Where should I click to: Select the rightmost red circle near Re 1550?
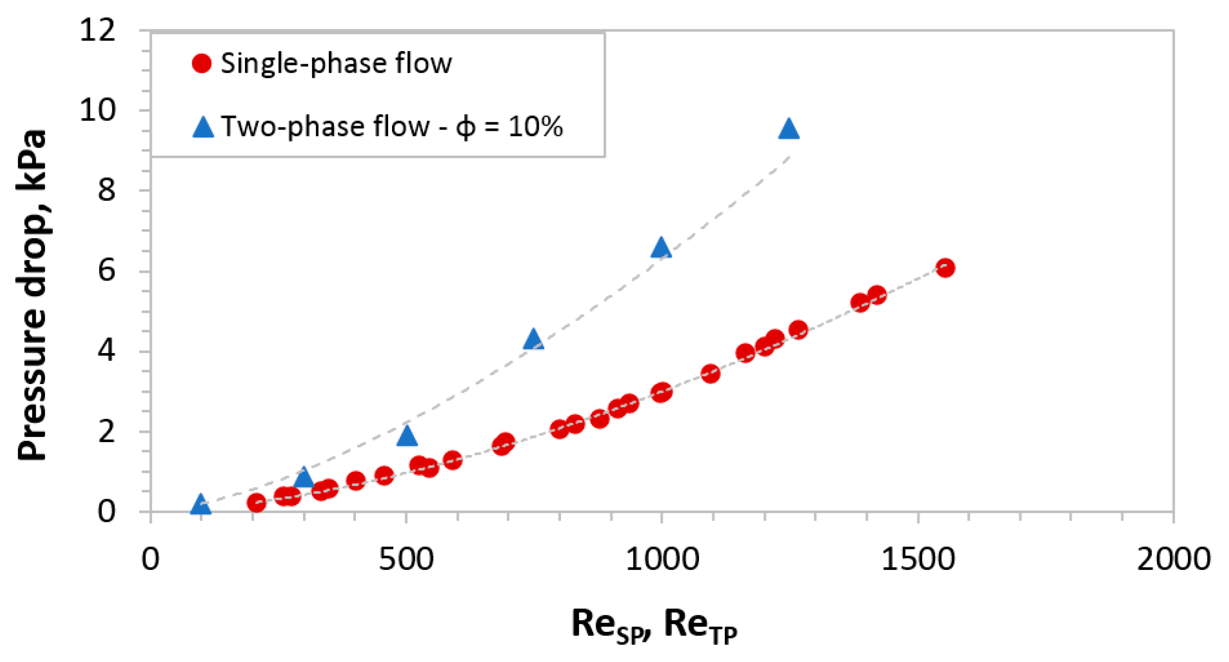(945, 268)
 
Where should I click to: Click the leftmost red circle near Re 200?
(256, 502)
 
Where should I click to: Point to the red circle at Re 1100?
(710, 374)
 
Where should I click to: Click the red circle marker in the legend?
(202, 63)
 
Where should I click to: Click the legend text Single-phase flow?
(336, 63)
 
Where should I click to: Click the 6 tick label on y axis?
(107, 271)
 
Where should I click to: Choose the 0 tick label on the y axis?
(107, 511)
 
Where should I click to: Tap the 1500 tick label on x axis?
(917, 559)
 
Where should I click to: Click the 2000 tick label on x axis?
(1173, 559)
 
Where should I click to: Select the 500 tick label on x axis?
(406, 559)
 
